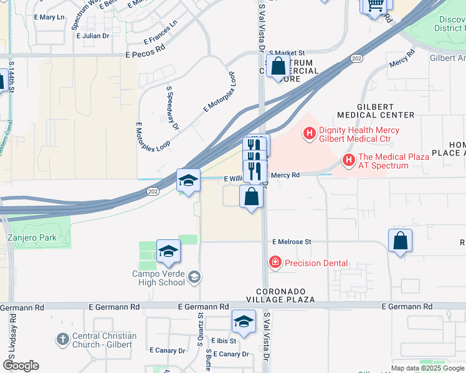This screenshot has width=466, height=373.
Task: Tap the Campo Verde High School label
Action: pyautogui.click(x=158, y=278)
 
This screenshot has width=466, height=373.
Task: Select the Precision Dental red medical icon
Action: pyautogui.click(x=275, y=263)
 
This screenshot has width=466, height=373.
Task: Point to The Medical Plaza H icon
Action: pyautogui.click(x=349, y=161)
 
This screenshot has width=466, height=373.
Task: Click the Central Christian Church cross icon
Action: pyautogui.click(x=62, y=340)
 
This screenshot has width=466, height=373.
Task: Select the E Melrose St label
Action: pyautogui.click(x=291, y=241)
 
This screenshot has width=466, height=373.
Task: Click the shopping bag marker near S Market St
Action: pyautogui.click(x=278, y=66)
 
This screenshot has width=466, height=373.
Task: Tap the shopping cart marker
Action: pyautogui.click(x=376, y=5)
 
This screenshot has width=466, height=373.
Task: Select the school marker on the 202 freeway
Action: pyautogui.click(x=188, y=181)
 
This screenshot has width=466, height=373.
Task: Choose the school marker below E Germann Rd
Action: pyautogui.click(x=244, y=322)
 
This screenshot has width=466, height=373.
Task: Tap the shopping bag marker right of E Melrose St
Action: pyautogui.click(x=400, y=241)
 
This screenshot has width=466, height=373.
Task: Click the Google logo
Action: pyautogui.click(x=21, y=366)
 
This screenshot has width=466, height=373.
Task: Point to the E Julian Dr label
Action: pyautogui.click(x=92, y=36)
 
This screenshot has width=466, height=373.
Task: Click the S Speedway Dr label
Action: pyautogui.click(x=173, y=108)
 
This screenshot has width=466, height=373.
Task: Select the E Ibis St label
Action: pyautogui.click(x=224, y=341)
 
